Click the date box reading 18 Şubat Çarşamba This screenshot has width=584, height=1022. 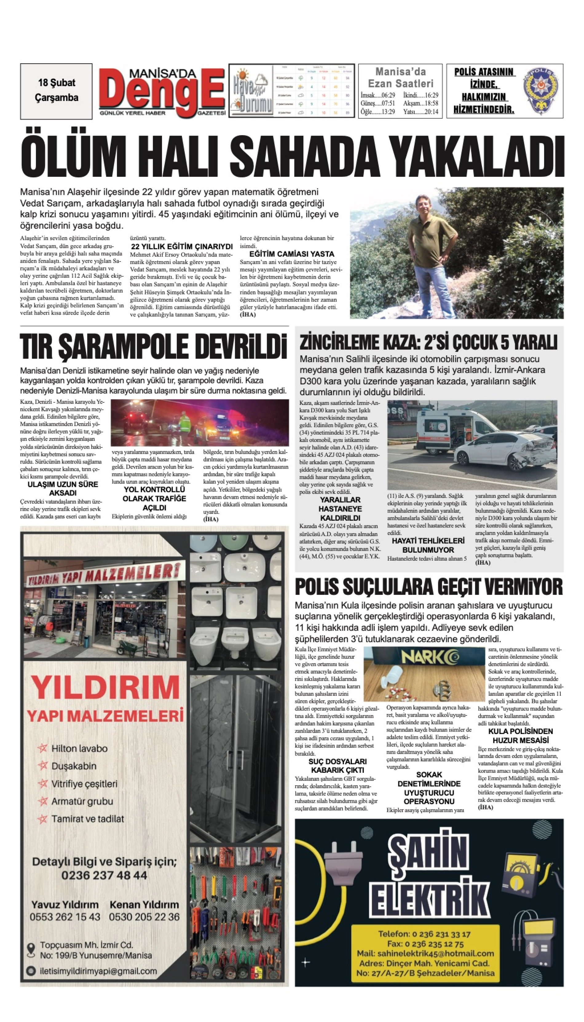[x=56, y=91]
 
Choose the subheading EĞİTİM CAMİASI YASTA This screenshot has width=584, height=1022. [x=292, y=254]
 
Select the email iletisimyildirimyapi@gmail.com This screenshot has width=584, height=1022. [x=98, y=971]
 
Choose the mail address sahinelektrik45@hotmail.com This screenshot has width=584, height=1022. [x=425, y=953]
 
